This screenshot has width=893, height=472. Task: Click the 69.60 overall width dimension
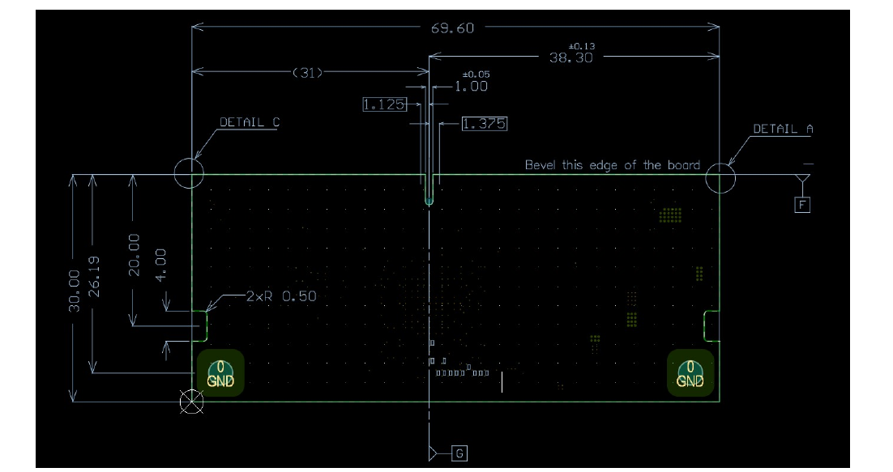452,28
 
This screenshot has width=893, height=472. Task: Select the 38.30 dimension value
570,57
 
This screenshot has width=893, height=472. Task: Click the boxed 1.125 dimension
383,104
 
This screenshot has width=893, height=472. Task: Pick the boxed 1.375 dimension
485,124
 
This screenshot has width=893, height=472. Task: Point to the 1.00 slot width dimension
471,87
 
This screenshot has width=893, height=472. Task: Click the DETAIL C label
250,123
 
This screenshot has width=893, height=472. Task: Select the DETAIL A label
782,129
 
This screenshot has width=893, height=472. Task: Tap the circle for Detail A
720,178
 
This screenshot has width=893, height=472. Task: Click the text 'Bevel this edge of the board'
612,165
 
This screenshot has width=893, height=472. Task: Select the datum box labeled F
802,205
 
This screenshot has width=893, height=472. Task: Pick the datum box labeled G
459,453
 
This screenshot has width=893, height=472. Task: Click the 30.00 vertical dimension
75,290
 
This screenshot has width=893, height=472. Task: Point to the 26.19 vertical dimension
94,276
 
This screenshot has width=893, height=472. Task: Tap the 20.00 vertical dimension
135,254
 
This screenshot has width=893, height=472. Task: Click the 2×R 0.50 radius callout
280,296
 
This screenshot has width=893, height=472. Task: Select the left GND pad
220,373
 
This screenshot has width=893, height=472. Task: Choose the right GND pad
690,373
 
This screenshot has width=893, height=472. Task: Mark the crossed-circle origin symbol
191,401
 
